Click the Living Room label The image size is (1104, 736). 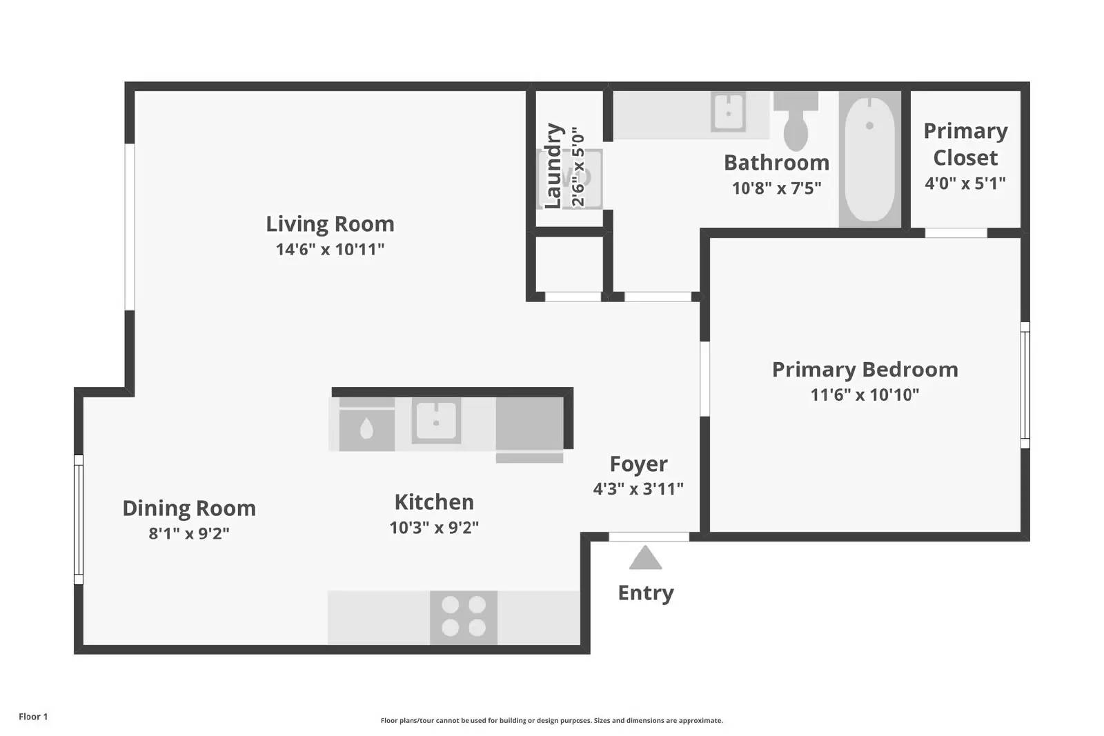[x=330, y=224]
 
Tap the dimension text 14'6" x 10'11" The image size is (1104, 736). [x=330, y=249]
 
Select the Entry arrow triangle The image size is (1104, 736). [x=645, y=558]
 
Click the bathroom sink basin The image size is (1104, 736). [x=728, y=112]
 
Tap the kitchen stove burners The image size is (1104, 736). [x=464, y=617]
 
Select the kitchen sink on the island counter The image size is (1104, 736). [x=436, y=421]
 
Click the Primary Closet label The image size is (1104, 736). [x=965, y=144]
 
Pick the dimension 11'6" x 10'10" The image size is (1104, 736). [x=865, y=395]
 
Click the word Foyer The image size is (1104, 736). [x=638, y=464]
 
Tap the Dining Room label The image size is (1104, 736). [x=189, y=508]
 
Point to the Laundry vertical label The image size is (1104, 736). [x=553, y=166]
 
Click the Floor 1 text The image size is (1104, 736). [x=33, y=717]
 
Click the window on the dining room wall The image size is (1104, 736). [x=79, y=519]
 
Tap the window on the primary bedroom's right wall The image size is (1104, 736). [x=1025, y=385]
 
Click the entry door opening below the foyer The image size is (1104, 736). [x=649, y=537]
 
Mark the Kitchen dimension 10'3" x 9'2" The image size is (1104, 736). [x=434, y=528]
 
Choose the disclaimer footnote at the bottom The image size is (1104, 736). [x=551, y=720]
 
